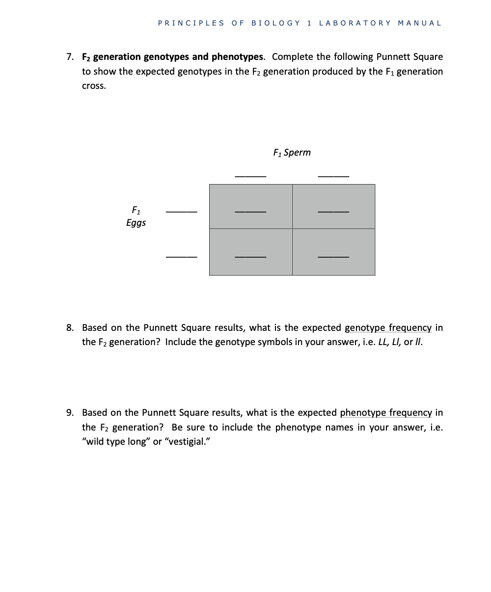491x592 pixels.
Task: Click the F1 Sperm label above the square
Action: tap(292, 153)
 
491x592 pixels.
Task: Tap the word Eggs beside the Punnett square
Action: tap(136, 223)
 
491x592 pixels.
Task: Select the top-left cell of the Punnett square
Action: tap(250, 207)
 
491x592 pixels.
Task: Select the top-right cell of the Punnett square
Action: tap(333, 207)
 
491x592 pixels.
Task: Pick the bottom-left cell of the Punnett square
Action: tap(250, 252)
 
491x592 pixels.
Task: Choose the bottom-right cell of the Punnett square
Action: tap(333, 252)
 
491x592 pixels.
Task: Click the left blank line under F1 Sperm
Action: tap(250, 176)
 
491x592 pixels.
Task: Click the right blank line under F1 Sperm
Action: tap(333, 176)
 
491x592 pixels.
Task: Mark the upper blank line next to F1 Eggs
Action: tap(181, 212)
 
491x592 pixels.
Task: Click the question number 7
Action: tap(70, 57)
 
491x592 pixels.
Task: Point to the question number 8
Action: tap(70, 327)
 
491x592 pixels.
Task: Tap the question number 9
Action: tap(70, 413)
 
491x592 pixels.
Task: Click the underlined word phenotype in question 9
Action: tap(362, 413)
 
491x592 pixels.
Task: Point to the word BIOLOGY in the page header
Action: tap(275, 23)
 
